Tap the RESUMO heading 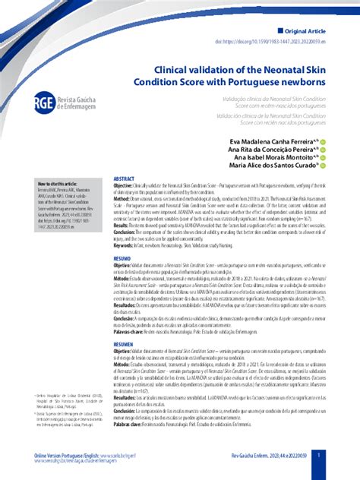tap(122, 258)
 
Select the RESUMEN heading tap(124, 343)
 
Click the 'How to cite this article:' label tap(57, 184)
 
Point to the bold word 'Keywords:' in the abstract tap(127, 246)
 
